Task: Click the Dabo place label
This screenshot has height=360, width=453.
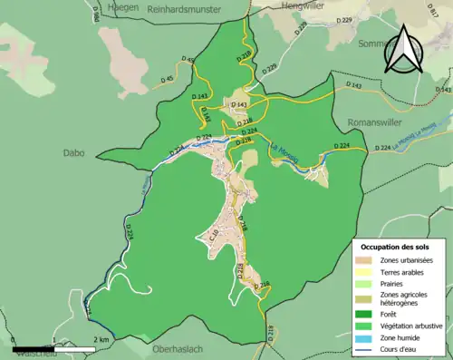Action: click(x=72, y=153)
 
